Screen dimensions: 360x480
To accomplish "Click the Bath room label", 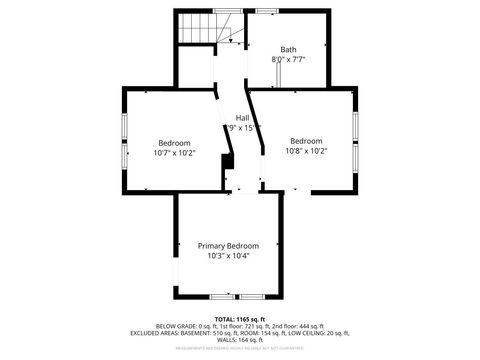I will pos(288,49).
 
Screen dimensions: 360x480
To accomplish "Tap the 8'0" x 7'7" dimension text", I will pos(288,60).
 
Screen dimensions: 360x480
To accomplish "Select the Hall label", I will pos(242,117).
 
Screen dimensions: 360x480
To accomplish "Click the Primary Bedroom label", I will pos(228,246).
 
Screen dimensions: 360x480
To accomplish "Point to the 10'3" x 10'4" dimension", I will pos(228,256).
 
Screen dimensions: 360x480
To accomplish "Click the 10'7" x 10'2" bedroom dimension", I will pos(174,153).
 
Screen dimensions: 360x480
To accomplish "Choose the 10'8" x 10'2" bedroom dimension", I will pos(306,151).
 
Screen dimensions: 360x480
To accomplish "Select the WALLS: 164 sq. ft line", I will pos(239,340).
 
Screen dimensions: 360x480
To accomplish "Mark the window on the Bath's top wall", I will pos(266,11).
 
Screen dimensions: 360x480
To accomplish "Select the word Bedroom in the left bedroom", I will pos(174,143).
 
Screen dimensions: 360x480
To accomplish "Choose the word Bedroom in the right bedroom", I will pos(306,141).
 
